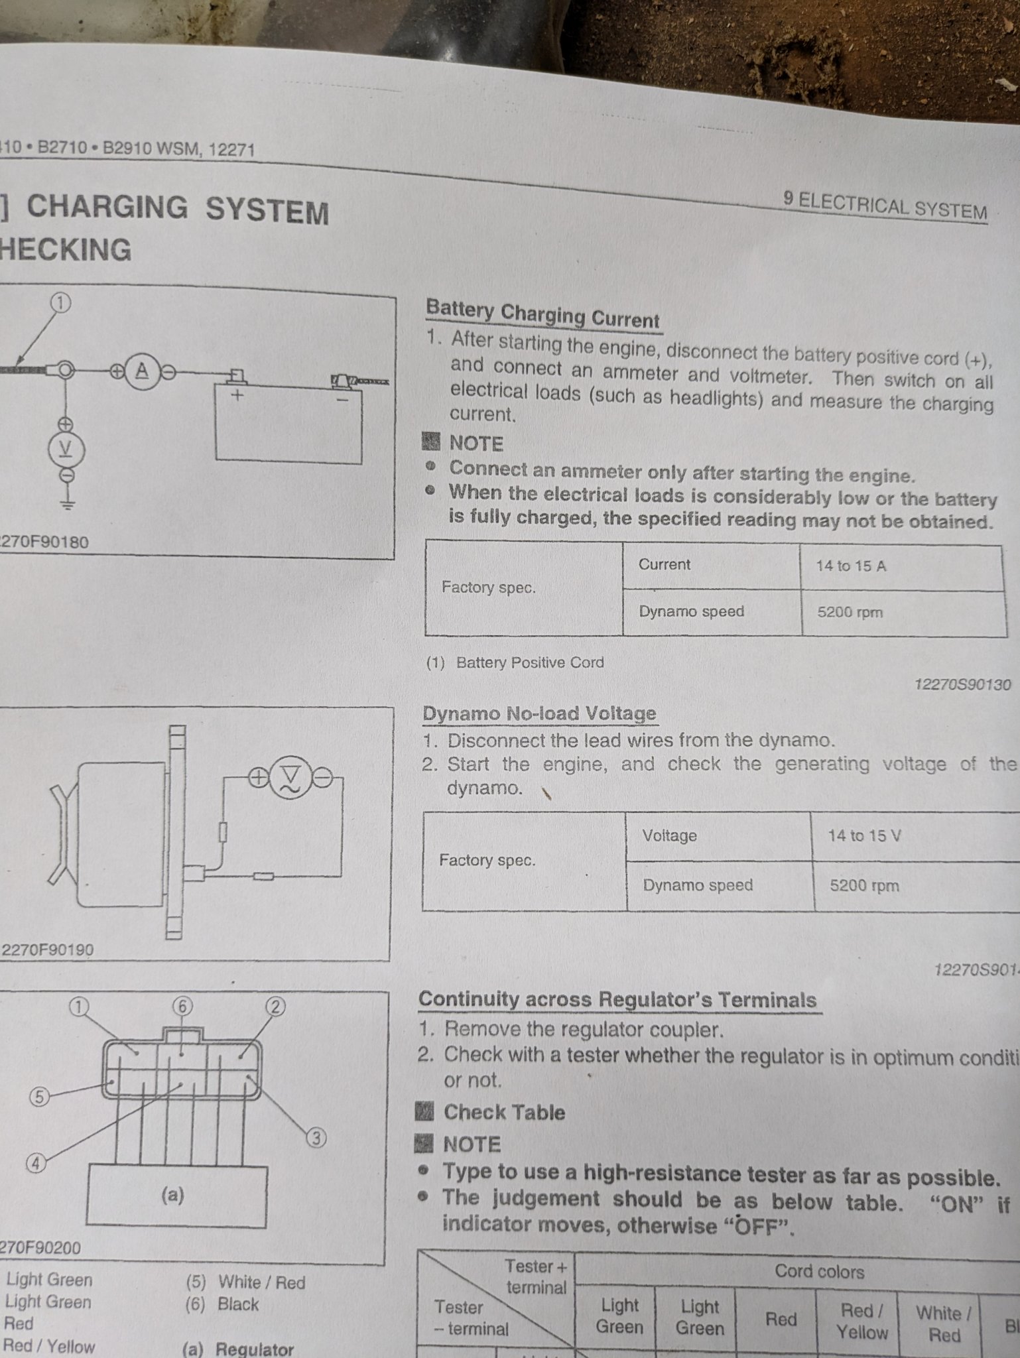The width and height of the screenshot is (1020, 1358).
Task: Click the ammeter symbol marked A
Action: (142, 371)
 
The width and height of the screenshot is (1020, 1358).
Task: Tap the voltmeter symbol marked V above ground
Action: (66, 450)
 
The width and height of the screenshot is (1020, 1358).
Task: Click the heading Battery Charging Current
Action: (542, 314)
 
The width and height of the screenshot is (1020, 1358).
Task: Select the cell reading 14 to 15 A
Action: (851, 566)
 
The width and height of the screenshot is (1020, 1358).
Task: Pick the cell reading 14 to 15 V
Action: (864, 835)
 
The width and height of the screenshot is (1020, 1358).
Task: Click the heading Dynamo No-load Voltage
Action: (539, 713)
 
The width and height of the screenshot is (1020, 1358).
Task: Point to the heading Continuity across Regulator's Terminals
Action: (617, 999)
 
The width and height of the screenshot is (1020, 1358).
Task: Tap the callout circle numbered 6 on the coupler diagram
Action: (182, 1007)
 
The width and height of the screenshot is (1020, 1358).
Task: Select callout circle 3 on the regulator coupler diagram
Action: (316, 1138)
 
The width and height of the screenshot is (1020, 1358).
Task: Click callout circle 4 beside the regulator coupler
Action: (36, 1163)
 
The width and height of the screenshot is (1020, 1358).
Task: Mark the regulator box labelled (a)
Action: (176, 1196)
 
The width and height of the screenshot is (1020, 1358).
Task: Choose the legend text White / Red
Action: (261, 1282)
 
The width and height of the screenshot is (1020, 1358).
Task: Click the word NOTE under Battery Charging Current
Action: (476, 443)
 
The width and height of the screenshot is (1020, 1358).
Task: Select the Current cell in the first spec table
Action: (664, 564)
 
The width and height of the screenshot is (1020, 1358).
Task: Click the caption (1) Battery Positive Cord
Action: (515, 662)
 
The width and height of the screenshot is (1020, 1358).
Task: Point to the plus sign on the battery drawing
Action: (237, 395)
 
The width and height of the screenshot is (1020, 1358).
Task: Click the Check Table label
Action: (503, 1112)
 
